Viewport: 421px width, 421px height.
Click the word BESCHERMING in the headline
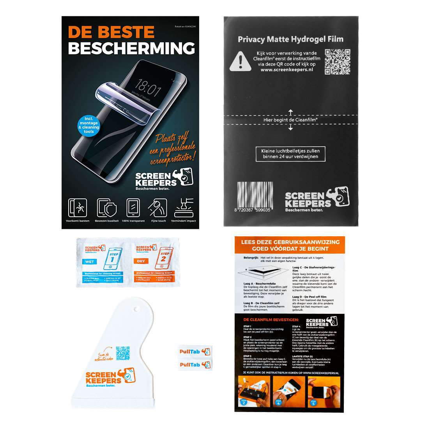click(131, 48)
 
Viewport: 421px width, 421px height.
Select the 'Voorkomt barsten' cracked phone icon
click(77, 208)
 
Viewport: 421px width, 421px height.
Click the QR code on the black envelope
click(337, 61)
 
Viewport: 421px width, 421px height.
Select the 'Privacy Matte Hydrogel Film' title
click(290, 39)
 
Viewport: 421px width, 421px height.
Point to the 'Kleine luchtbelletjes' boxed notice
click(290, 154)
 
